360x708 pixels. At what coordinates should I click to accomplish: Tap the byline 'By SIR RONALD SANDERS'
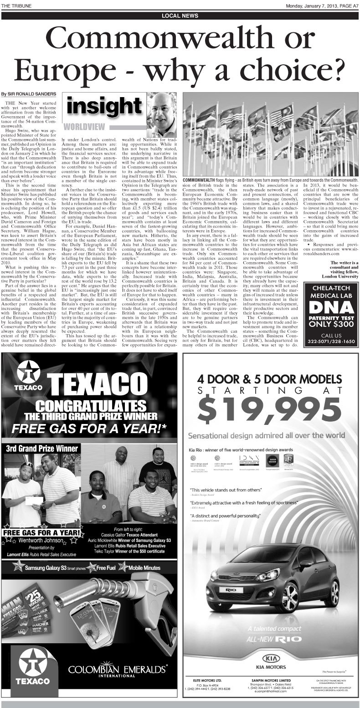(29, 94)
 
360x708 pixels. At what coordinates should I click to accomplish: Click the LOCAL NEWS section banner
(180, 16)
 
